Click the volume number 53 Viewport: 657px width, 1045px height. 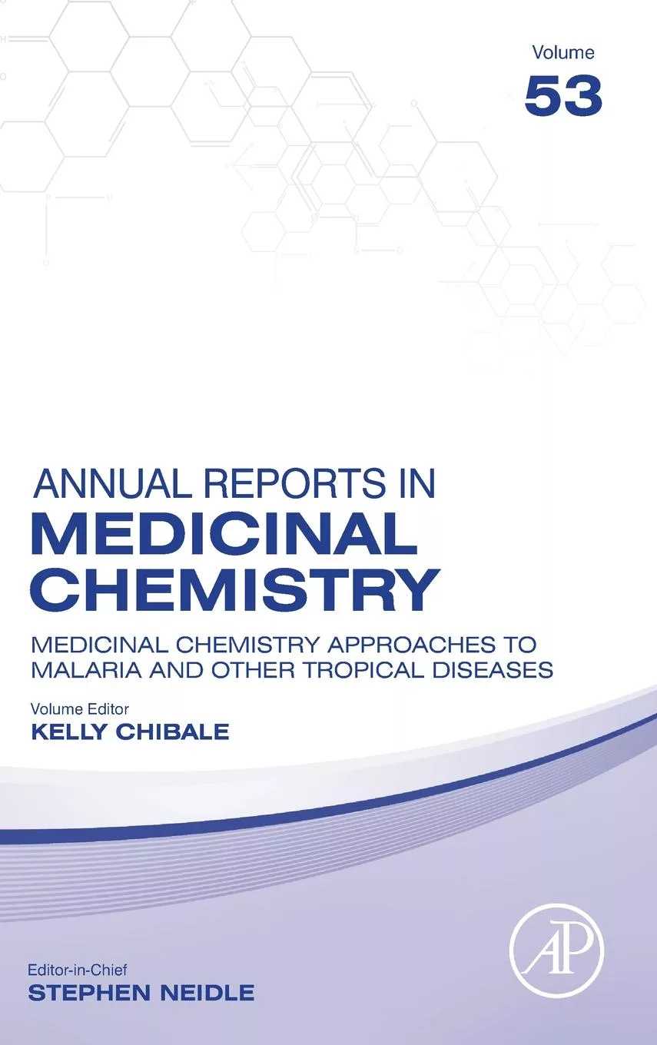[x=562, y=96]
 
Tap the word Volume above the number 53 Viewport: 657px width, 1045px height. [x=562, y=52]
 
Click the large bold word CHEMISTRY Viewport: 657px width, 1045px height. [x=234, y=589]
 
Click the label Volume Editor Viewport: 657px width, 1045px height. [x=79, y=708]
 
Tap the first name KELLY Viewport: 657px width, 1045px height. [x=68, y=731]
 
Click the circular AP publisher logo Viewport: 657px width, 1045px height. [x=557, y=950]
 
